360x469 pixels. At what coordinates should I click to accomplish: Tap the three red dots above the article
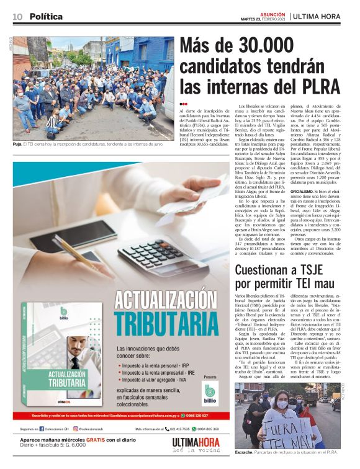(183, 104)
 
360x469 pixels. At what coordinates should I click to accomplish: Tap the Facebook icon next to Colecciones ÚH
(42, 429)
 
